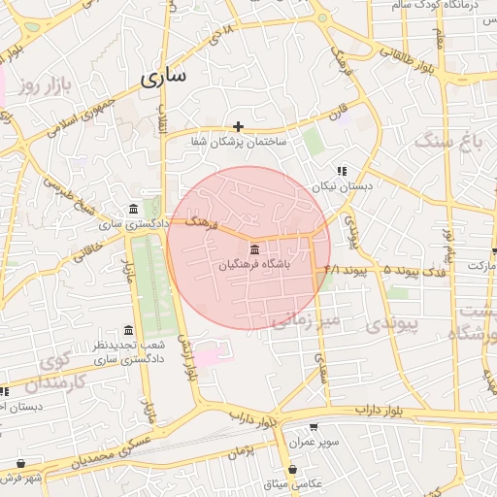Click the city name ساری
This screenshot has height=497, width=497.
(x=163, y=79)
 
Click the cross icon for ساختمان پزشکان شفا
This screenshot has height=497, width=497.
(x=239, y=126)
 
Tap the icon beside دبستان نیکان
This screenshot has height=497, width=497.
(x=341, y=171)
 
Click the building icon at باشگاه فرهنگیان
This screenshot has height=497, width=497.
(x=254, y=249)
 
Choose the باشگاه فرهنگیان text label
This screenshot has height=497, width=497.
(x=254, y=264)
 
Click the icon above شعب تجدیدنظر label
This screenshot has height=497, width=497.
(x=129, y=331)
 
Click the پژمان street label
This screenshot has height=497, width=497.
(x=243, y=450)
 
